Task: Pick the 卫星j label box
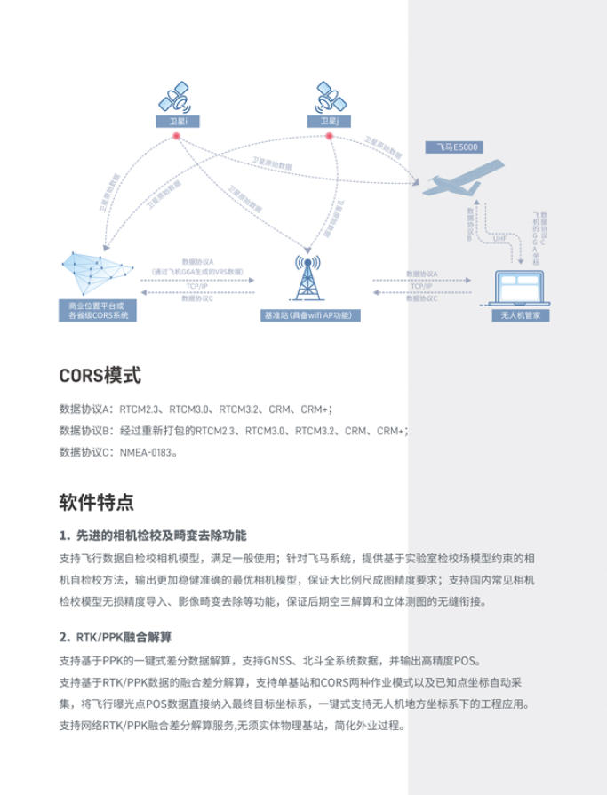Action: pos(328,121)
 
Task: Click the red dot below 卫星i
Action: pos(177,136)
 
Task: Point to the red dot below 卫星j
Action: pos(329,136)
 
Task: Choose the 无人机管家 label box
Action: pos(520,314)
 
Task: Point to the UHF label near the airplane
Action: pos(499,238)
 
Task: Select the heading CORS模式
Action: pos(100,375)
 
